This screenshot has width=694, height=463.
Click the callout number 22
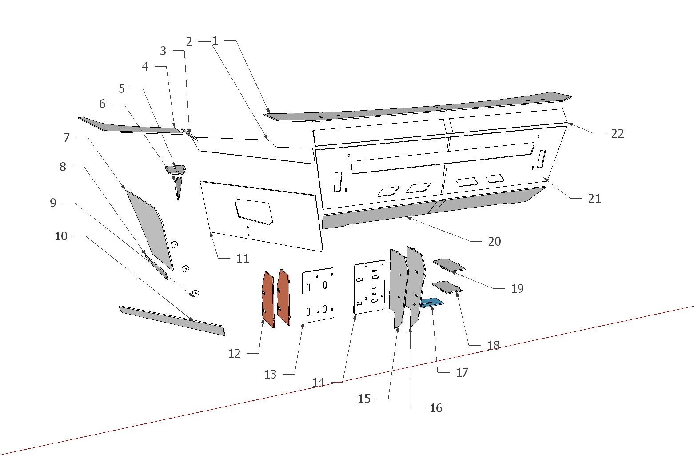tap(617, 134)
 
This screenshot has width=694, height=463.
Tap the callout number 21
tap(594, 198)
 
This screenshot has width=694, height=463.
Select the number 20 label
tap(494, 241)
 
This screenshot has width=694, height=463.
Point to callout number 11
tap(243, 259)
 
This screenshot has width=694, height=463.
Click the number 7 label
tap(67, 138)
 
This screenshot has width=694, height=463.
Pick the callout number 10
tap(61, 236)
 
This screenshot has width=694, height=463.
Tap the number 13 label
tap(270, 375)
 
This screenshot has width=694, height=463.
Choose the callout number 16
tap(435, 408)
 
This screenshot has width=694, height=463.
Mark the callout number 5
tap(122, 88)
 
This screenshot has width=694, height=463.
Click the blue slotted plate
tap(431, 303)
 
